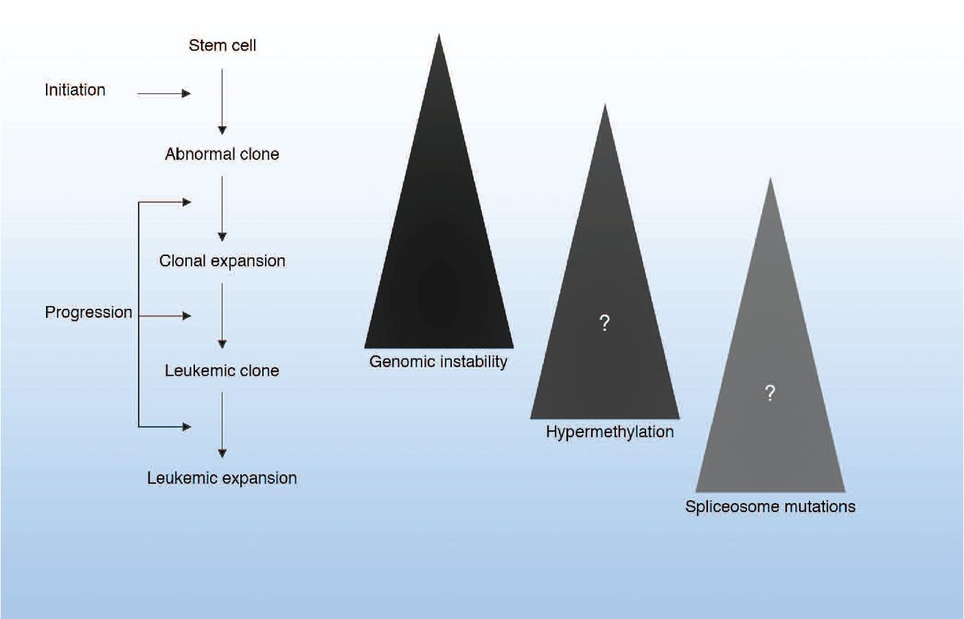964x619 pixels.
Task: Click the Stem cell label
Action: pos(221,46)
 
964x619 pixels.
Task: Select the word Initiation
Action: pos(75,90)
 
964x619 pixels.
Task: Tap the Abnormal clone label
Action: pos(221,154)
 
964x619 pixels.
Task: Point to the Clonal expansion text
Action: pos(222,261)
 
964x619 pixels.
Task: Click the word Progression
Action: pos(88,313)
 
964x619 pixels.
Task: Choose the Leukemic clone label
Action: pos(221,370)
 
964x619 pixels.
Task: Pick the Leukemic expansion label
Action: pos(221,478)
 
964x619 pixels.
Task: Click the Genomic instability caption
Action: pos(438,362)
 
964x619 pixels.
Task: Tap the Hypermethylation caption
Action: pos(610,433)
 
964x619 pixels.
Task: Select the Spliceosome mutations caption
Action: pos(770,507)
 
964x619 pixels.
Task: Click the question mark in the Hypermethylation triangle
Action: pos(604,324)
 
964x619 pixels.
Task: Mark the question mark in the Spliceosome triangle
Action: pos(770,393)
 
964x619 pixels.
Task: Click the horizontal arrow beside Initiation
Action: pos(164,94)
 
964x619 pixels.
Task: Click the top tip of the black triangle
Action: pos(438,35)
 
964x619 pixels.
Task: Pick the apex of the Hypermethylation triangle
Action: pos(604,105)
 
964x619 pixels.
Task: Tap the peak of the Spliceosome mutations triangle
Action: pos(770,179)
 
